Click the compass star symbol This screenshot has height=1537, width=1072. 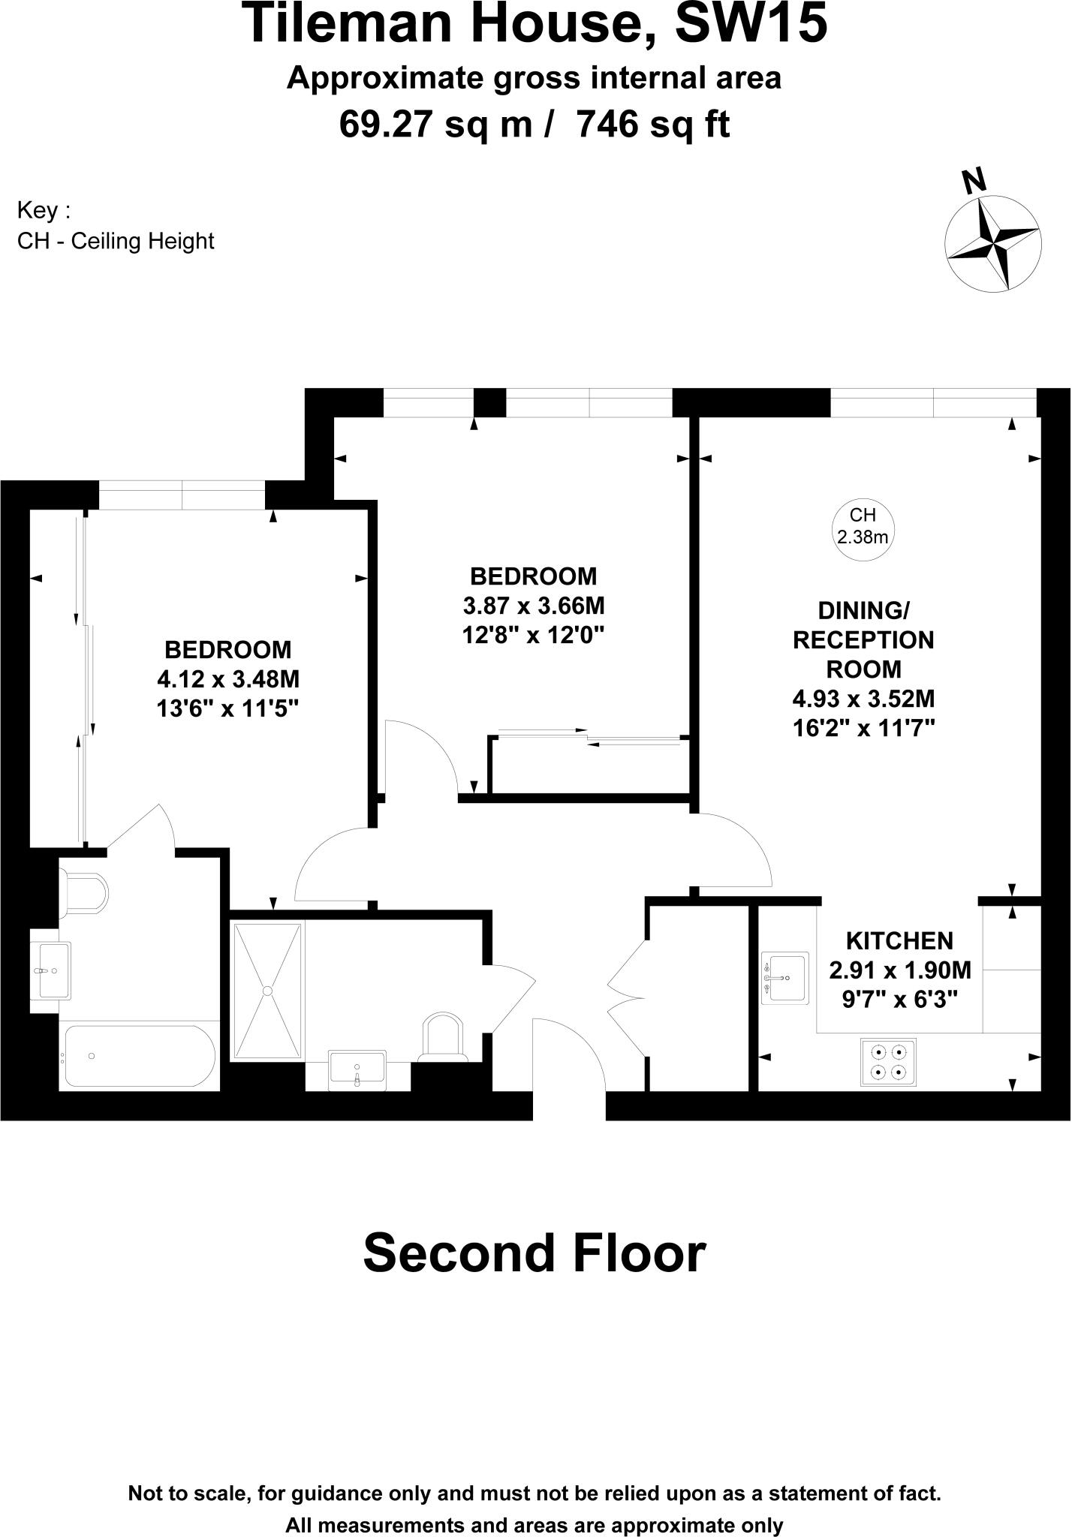(992, 243)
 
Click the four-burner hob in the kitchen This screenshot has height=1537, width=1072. (888, 1062)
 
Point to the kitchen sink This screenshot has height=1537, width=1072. (785, 978)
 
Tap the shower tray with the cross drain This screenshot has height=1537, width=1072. (267, 991)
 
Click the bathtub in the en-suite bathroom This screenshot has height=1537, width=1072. (139, 1056)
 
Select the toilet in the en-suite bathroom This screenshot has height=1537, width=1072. (84, 893)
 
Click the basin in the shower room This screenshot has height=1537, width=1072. (357, 1069)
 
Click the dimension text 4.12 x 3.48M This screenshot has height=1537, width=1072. (227, 679)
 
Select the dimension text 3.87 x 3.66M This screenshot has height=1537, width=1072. (533, 606)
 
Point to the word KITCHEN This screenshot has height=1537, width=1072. (899, 941)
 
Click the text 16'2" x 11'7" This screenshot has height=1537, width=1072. (863, 728)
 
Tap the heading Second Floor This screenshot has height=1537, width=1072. (534, 1254)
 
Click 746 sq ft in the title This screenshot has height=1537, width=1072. (652, 125)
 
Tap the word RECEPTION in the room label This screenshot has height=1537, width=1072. (863, 640)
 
